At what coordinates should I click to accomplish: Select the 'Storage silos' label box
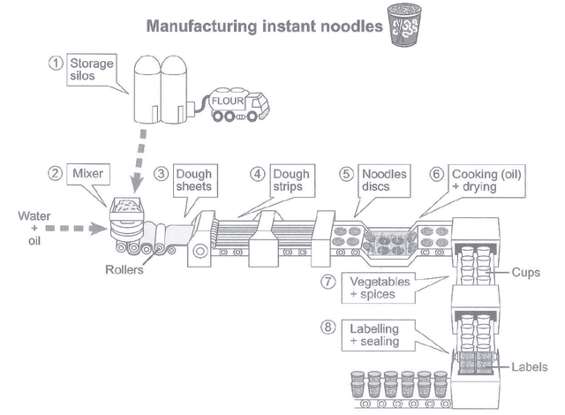[x=94, y=71]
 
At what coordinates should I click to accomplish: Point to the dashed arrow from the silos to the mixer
[x=136, y=159]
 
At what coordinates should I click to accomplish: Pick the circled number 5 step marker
[x=346, y=175]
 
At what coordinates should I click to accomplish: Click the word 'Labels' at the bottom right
[x=530, y=367]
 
